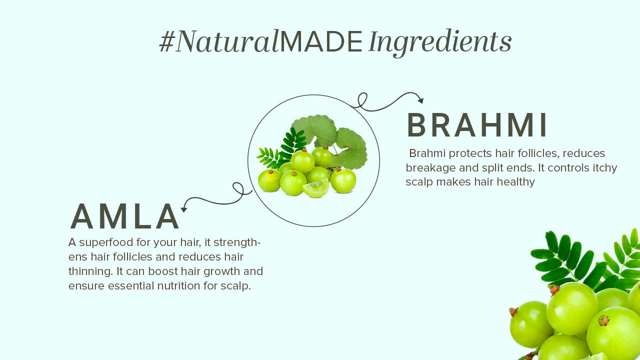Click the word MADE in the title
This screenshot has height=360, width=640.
321,41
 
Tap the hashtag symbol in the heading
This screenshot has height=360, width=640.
167,41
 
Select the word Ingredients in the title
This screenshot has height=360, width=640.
440,43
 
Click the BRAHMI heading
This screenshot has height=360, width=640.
477,125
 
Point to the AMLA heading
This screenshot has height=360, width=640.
124,216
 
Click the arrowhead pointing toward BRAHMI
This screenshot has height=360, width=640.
420,100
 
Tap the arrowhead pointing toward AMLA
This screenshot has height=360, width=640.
183,209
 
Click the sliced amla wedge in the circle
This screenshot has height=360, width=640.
316,188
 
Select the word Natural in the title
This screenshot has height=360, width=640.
227,41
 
